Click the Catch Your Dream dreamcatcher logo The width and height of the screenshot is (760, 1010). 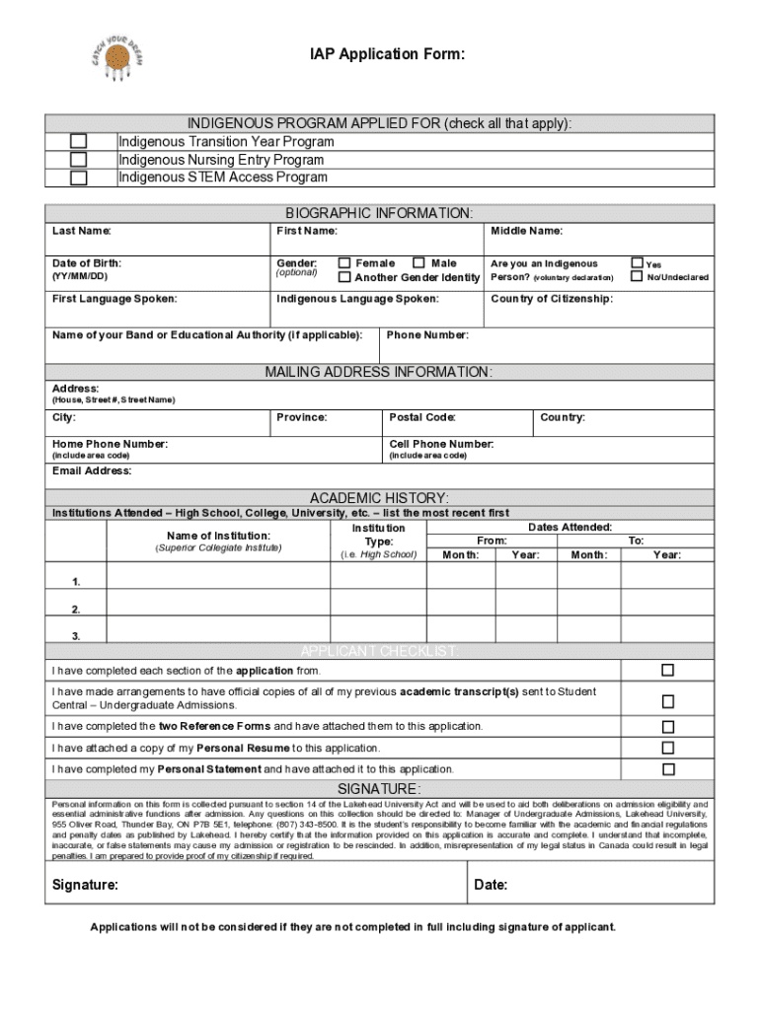[x=117, y=56]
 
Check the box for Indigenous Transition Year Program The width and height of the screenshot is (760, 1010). [x=78, y=142]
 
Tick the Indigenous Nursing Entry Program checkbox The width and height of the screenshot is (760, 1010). [x=78, y=160]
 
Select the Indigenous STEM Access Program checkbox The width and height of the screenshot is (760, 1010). [x=78, y=178]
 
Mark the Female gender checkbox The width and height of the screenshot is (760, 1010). [x=344, y=263]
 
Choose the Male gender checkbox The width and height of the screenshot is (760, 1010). [x=419, y=263]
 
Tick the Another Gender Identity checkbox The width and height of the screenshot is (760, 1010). [x=344, y=277]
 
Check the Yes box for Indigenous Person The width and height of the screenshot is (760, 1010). [x=637, y=263]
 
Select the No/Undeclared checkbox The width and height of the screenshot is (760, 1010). [x=637, y=277]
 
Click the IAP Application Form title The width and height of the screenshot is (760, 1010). [x=380, y=55]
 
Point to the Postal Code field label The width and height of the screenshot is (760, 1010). [x=422, y=417]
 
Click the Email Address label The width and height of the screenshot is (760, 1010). [x=92, y=471]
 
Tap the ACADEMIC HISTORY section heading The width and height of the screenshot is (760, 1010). [x=379, y=498]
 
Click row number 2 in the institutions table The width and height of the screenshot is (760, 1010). [x=76, y=610]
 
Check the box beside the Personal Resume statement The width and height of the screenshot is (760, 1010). [x=668, y=748]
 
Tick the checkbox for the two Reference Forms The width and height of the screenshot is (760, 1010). [x=668, y=726]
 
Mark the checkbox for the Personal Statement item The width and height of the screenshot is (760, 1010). [x=668, y=769]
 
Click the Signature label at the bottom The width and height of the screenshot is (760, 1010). [x=85, y=885]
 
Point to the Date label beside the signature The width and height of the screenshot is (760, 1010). [x=491, y=885]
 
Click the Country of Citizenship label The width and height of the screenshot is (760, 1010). [x=551, y=299]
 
